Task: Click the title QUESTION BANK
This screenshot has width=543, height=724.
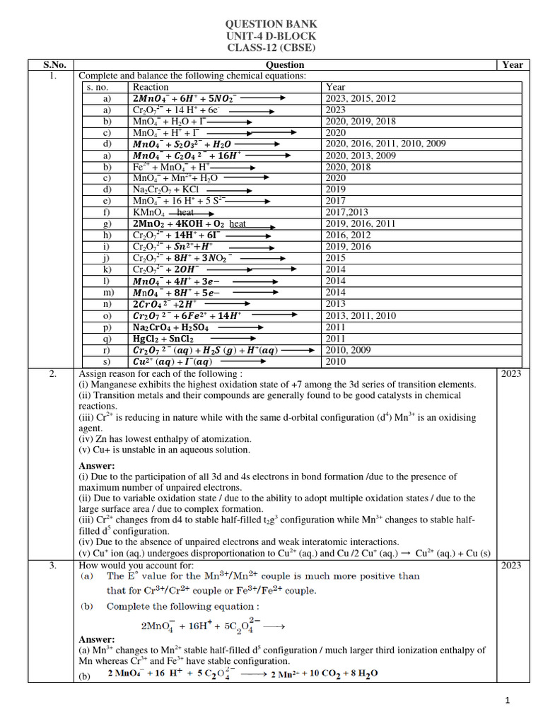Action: click(x=270, y=24)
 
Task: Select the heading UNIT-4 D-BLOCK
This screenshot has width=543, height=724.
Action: click(x=270, y=36)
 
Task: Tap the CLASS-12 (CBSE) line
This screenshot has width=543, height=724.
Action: click(x=270, y=48)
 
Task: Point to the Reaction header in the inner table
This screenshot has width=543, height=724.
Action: click(x=151, y=87)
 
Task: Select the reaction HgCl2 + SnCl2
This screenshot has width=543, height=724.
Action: click(x=163, y=339)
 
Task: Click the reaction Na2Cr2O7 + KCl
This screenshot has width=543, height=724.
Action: click(x=165, y=189)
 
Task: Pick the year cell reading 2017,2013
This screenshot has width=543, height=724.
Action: click(x=346, y=212)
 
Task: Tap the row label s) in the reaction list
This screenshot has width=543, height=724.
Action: click(x=106, y=361)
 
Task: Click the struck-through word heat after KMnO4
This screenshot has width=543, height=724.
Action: click(x=185, y=212)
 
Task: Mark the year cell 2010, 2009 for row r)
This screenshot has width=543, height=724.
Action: click(x=349, y=350)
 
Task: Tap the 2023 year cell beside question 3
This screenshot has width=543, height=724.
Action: click(x=511, y=566)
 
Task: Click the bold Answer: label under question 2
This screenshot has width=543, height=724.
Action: click(x=96, y=466)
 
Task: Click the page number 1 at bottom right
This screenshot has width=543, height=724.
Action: click(x=507, y=700)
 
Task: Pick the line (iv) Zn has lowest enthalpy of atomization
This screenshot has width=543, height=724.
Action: click(x=164, y=438)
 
